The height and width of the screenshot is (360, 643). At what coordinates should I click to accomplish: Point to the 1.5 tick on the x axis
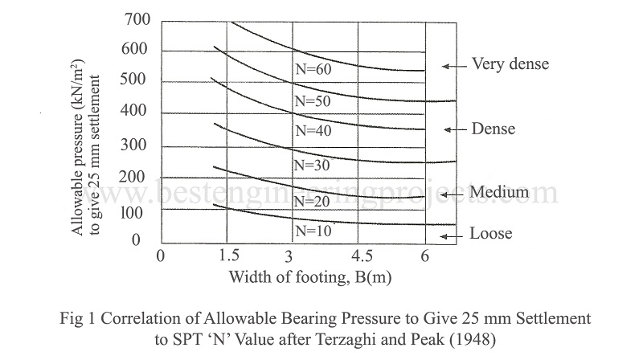coord(228,256)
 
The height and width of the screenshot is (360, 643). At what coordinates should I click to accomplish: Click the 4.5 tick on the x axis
coord(361,256)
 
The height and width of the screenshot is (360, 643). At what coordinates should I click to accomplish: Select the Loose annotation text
coord(492,235)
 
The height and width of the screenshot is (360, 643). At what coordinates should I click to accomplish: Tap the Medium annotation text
coord(499,192)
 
